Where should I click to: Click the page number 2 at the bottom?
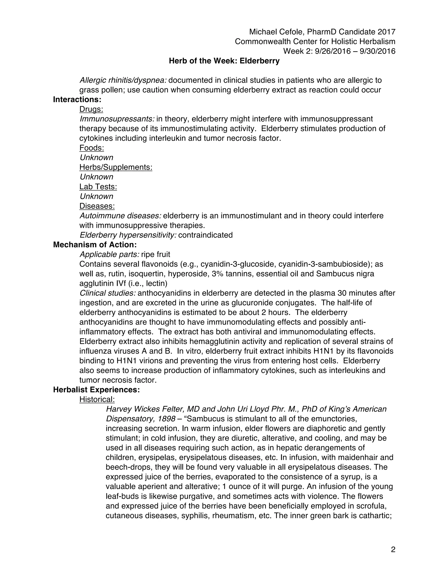(393, 549)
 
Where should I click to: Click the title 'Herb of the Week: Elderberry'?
(224, 61)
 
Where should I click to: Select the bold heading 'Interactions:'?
(77, 99)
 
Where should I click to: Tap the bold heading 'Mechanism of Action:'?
(95, 245)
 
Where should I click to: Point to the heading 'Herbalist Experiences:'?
(96, 390)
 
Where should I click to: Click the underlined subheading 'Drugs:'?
(91, 109)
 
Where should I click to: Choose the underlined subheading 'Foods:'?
(92, 148)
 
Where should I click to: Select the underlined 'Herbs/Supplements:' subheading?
(116, 167)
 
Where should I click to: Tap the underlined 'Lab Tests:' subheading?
(98, 187)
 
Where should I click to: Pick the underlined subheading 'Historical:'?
(97, 399)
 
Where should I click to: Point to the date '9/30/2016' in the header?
(377, 51)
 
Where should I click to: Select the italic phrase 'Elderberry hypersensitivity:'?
(128, 235)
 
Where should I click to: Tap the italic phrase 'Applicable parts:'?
(109, 254)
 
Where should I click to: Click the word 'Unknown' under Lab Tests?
(96, 196)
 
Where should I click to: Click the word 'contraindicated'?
(205, 235)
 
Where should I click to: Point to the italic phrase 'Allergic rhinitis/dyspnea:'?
(123, 80)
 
